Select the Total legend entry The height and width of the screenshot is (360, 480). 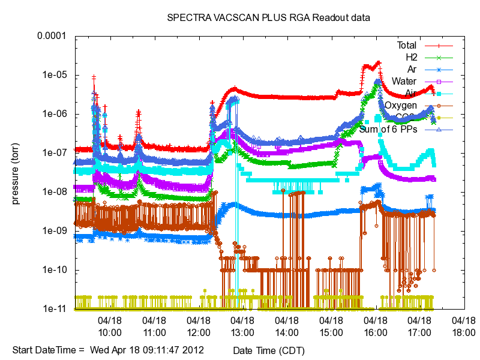tap(406, 46)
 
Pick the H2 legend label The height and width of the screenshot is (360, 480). tap(411, 58)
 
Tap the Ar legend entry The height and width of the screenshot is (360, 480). tap(412, 70)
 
